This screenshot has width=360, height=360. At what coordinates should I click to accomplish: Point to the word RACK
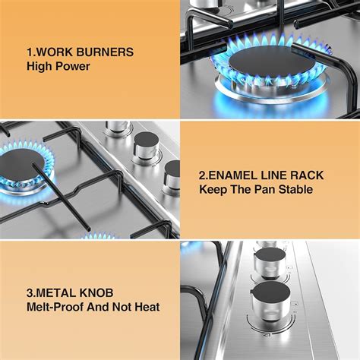[306, 175]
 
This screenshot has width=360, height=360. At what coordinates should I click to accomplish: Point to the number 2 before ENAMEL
[203, 175]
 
